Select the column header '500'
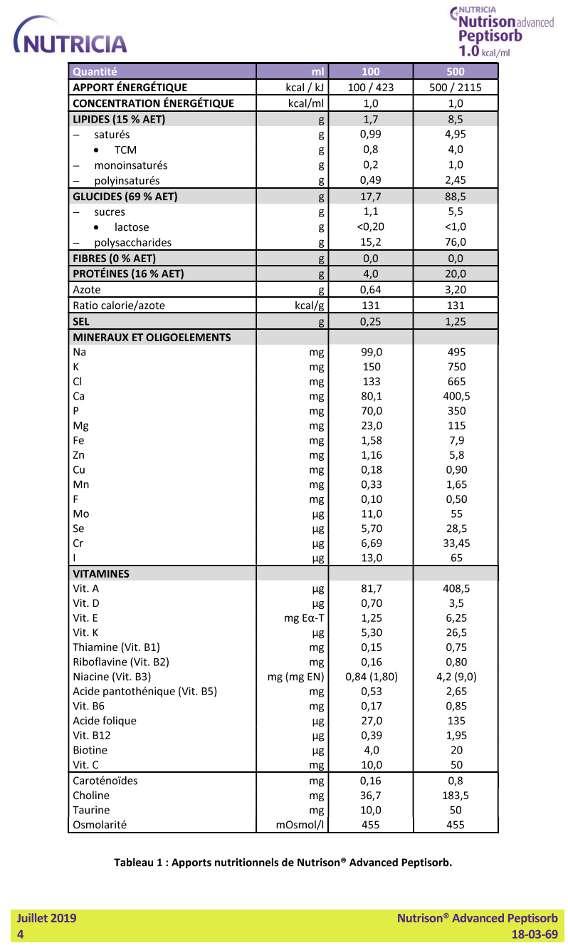(456, 71)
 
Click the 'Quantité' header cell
(95, 71)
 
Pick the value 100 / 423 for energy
(370, 88)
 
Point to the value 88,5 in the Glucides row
(456, 197)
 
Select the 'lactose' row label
(132, 227)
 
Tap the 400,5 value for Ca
(456, 396)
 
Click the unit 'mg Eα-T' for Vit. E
(304, 618)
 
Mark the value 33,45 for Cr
(456, 543)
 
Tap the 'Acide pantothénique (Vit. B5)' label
(144, 691)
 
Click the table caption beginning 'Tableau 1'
(283, 862)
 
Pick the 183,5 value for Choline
(456, 796)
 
